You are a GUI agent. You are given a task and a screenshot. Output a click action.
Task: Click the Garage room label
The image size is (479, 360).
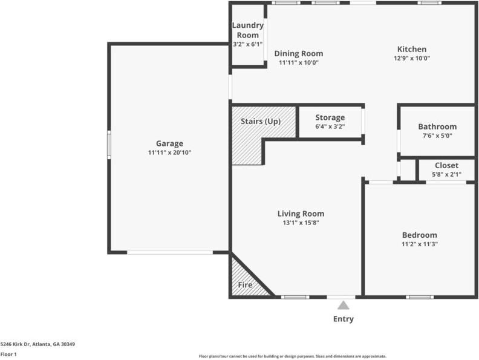point(169,143)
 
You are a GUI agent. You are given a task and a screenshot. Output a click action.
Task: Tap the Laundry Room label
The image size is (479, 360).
point(248,30)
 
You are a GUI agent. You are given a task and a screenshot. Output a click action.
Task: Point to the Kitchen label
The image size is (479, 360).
point(411,49)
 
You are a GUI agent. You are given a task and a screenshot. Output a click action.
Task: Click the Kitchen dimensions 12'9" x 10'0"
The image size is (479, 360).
point(411,59)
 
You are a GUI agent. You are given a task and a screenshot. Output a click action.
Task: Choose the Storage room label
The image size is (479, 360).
point(330,117)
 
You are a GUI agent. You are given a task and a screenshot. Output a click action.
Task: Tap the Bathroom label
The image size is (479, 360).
point(437,126)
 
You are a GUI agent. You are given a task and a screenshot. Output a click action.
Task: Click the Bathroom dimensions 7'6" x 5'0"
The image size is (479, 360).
point(437,136)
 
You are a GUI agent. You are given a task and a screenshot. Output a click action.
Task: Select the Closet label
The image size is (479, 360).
point(446,165)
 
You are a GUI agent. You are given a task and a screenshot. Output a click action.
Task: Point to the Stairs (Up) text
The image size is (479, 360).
point(261,121)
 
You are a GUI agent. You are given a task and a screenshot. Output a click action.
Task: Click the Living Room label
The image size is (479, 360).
point(301,214)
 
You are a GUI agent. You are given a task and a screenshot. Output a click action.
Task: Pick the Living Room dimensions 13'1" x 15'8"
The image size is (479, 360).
point(301,223)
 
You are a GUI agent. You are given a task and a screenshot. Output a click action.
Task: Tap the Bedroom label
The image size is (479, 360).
point(419,235)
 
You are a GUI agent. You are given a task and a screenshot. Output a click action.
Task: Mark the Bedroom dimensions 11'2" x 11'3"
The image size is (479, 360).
point(419,244)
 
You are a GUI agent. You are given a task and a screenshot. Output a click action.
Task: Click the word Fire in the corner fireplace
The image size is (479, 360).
point(245,285)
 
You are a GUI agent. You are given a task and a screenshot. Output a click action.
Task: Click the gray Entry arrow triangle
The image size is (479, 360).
point(344,305)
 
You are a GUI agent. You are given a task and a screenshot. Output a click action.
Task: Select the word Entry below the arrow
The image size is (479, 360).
point(344,319)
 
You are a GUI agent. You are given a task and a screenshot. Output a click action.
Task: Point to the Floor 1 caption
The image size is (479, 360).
point(8,354)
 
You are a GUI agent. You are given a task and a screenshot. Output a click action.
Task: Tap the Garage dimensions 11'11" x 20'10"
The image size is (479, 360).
point(169,152)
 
